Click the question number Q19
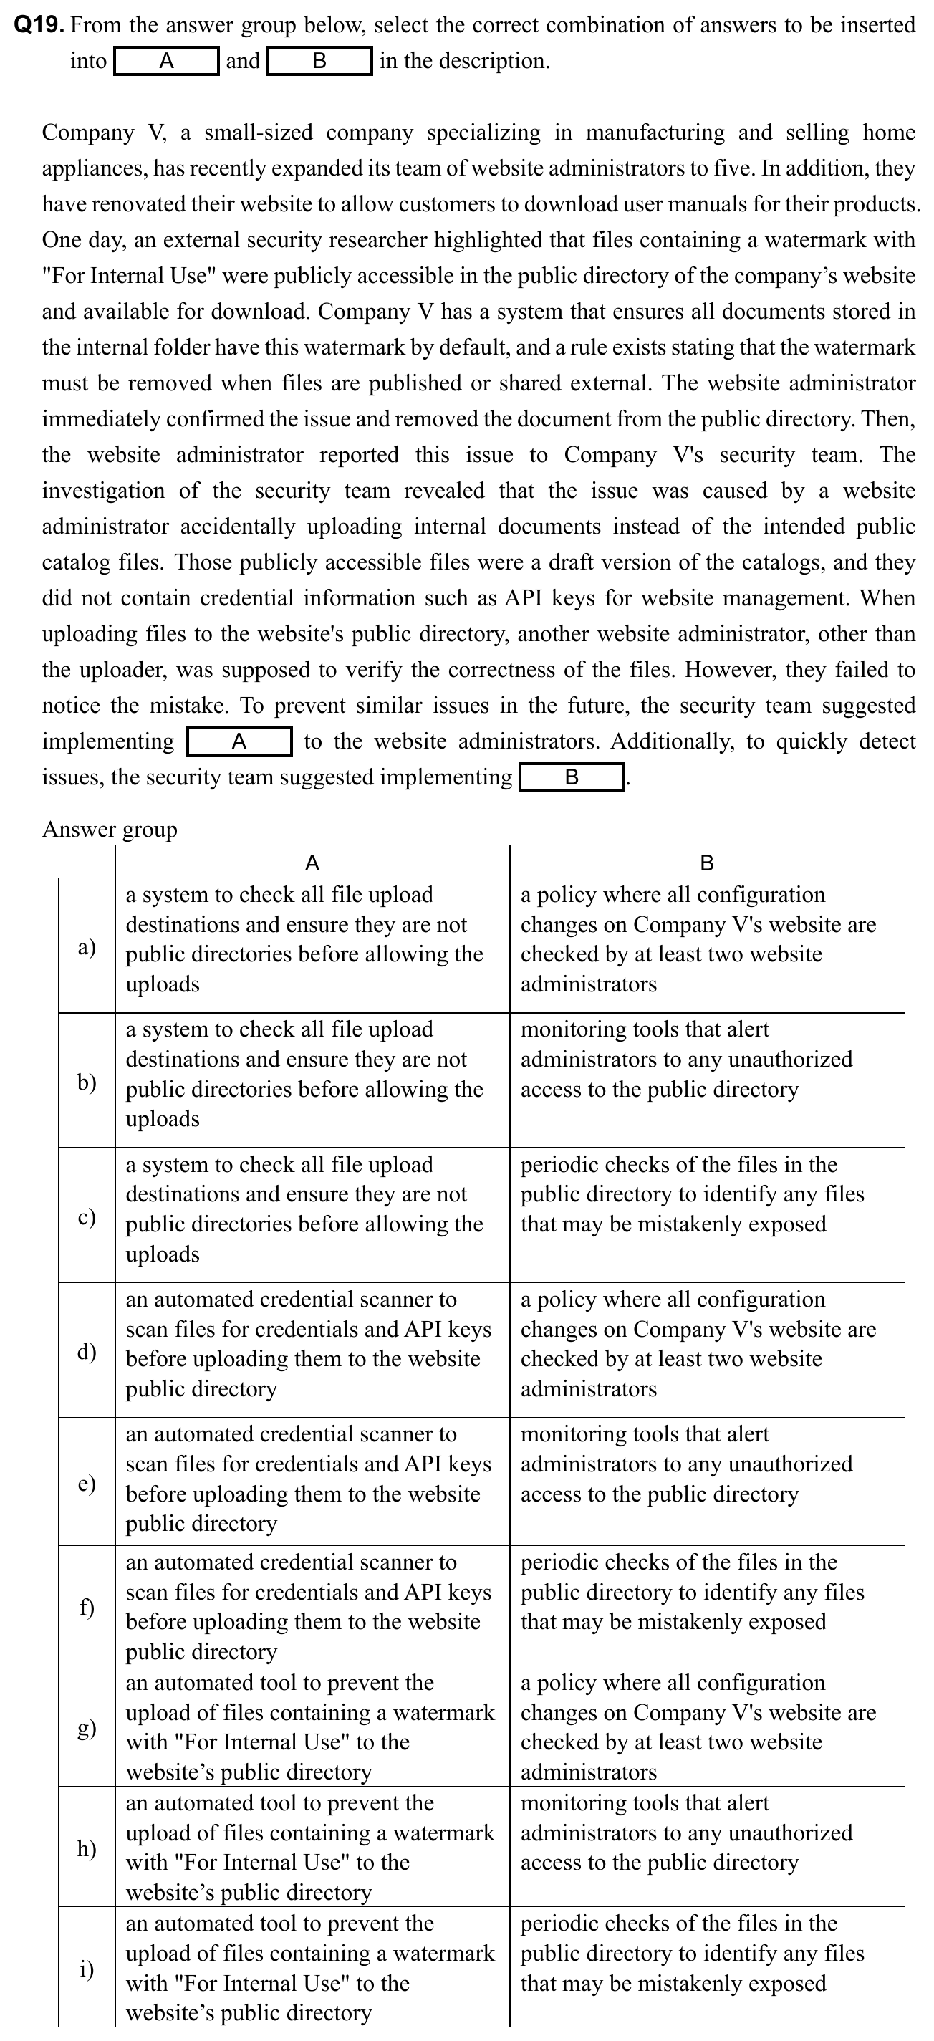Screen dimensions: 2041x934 [x=39, y=25]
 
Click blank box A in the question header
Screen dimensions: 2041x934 [x=166, y=61]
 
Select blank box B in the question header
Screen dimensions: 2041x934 [x=319, y=61]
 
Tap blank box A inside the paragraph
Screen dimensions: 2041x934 [x=239, y=741]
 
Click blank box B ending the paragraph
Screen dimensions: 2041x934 [x=571, y=777]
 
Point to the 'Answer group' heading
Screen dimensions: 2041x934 [x=110, y=829]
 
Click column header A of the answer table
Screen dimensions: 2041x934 [x=312, y=862]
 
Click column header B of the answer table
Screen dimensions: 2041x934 [x=707, y=862]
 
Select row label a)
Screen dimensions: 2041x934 [x=87, y=946]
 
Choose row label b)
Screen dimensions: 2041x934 [x=87, y=1081]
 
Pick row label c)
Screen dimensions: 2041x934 [x=87, y=1216]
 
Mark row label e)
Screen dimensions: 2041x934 [x=87, y=1483]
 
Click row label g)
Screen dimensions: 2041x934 [x=87, y=1727]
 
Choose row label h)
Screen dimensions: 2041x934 [x=87, y=1848]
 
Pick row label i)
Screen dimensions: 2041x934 [x=87, y=1968]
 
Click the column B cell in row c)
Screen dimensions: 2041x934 [x=707, y=1195]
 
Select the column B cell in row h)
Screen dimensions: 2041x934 [x=707, y=1833]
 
